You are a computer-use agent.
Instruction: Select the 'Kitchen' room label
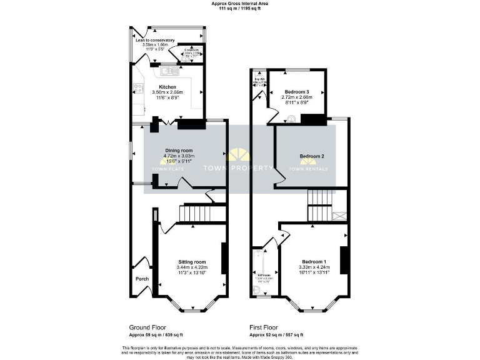(x=167, y=87)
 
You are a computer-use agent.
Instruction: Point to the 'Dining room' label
(x=179, y=150)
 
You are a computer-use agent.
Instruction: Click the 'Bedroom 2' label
(x=311, y=156)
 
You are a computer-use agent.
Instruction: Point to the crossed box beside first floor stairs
(x=340, y=216)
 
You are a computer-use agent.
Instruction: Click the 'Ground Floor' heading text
(x=147, y=327)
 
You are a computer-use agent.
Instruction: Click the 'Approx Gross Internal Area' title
(x=240, y=3)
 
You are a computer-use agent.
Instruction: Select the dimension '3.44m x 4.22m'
(x=192, y=267)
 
